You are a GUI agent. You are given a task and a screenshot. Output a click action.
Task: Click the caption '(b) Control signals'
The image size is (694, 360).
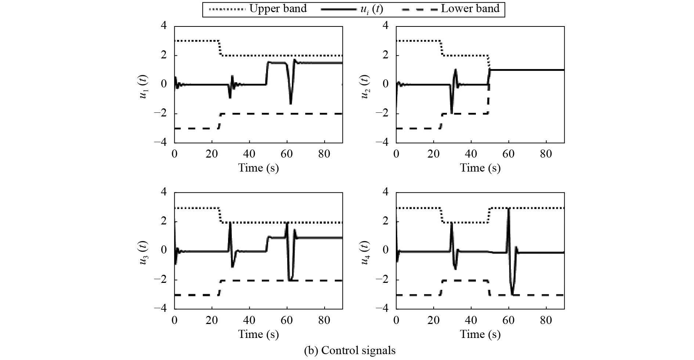(x=350, y=350)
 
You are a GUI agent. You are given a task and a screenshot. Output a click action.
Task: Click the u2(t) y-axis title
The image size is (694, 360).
(x=366, y=84)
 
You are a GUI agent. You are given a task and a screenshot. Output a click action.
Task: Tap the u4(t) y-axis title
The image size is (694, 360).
(x=366, y=251)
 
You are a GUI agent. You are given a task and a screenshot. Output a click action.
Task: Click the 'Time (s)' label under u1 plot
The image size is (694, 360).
(x=259, y=168)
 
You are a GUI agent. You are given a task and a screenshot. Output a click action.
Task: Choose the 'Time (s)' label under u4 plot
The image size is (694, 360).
(x=480, y=334)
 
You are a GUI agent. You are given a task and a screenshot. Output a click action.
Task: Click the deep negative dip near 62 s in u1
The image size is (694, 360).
(x=290, y=103)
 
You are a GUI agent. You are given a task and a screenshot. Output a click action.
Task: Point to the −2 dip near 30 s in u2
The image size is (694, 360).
(x=451, y=112)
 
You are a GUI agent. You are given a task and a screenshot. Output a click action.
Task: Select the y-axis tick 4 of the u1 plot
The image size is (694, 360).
(x=163, y=26)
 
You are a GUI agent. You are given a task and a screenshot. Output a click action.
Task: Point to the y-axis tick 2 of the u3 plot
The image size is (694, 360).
(x=163, y=222)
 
